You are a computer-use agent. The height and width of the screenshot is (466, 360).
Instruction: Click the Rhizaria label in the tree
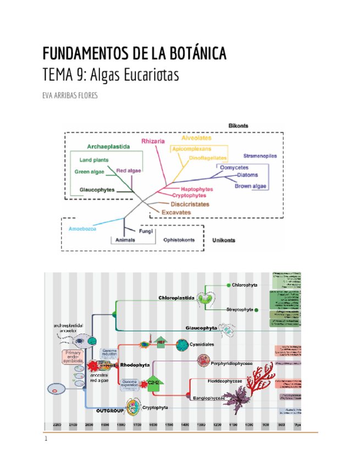tap(153, 141)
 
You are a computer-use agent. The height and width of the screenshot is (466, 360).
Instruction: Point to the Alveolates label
tap(196, 138)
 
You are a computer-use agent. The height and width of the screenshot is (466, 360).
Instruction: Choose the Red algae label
tap(129, 170)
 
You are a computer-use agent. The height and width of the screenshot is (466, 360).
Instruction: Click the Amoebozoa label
tap(82, 228)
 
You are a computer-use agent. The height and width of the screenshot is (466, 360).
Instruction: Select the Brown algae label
tap(251, 186)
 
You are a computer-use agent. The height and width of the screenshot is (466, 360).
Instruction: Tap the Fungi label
tap(146, 232)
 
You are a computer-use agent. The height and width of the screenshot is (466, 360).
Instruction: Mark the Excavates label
tap(176, 212)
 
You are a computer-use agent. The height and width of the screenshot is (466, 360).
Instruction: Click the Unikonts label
tap(224, 240)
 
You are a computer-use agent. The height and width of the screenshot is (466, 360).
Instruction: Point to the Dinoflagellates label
tap(208, 158)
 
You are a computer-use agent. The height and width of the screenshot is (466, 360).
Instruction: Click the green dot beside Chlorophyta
tap(228, 285)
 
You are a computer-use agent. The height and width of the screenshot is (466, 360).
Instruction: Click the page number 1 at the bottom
tap(46, 439)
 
